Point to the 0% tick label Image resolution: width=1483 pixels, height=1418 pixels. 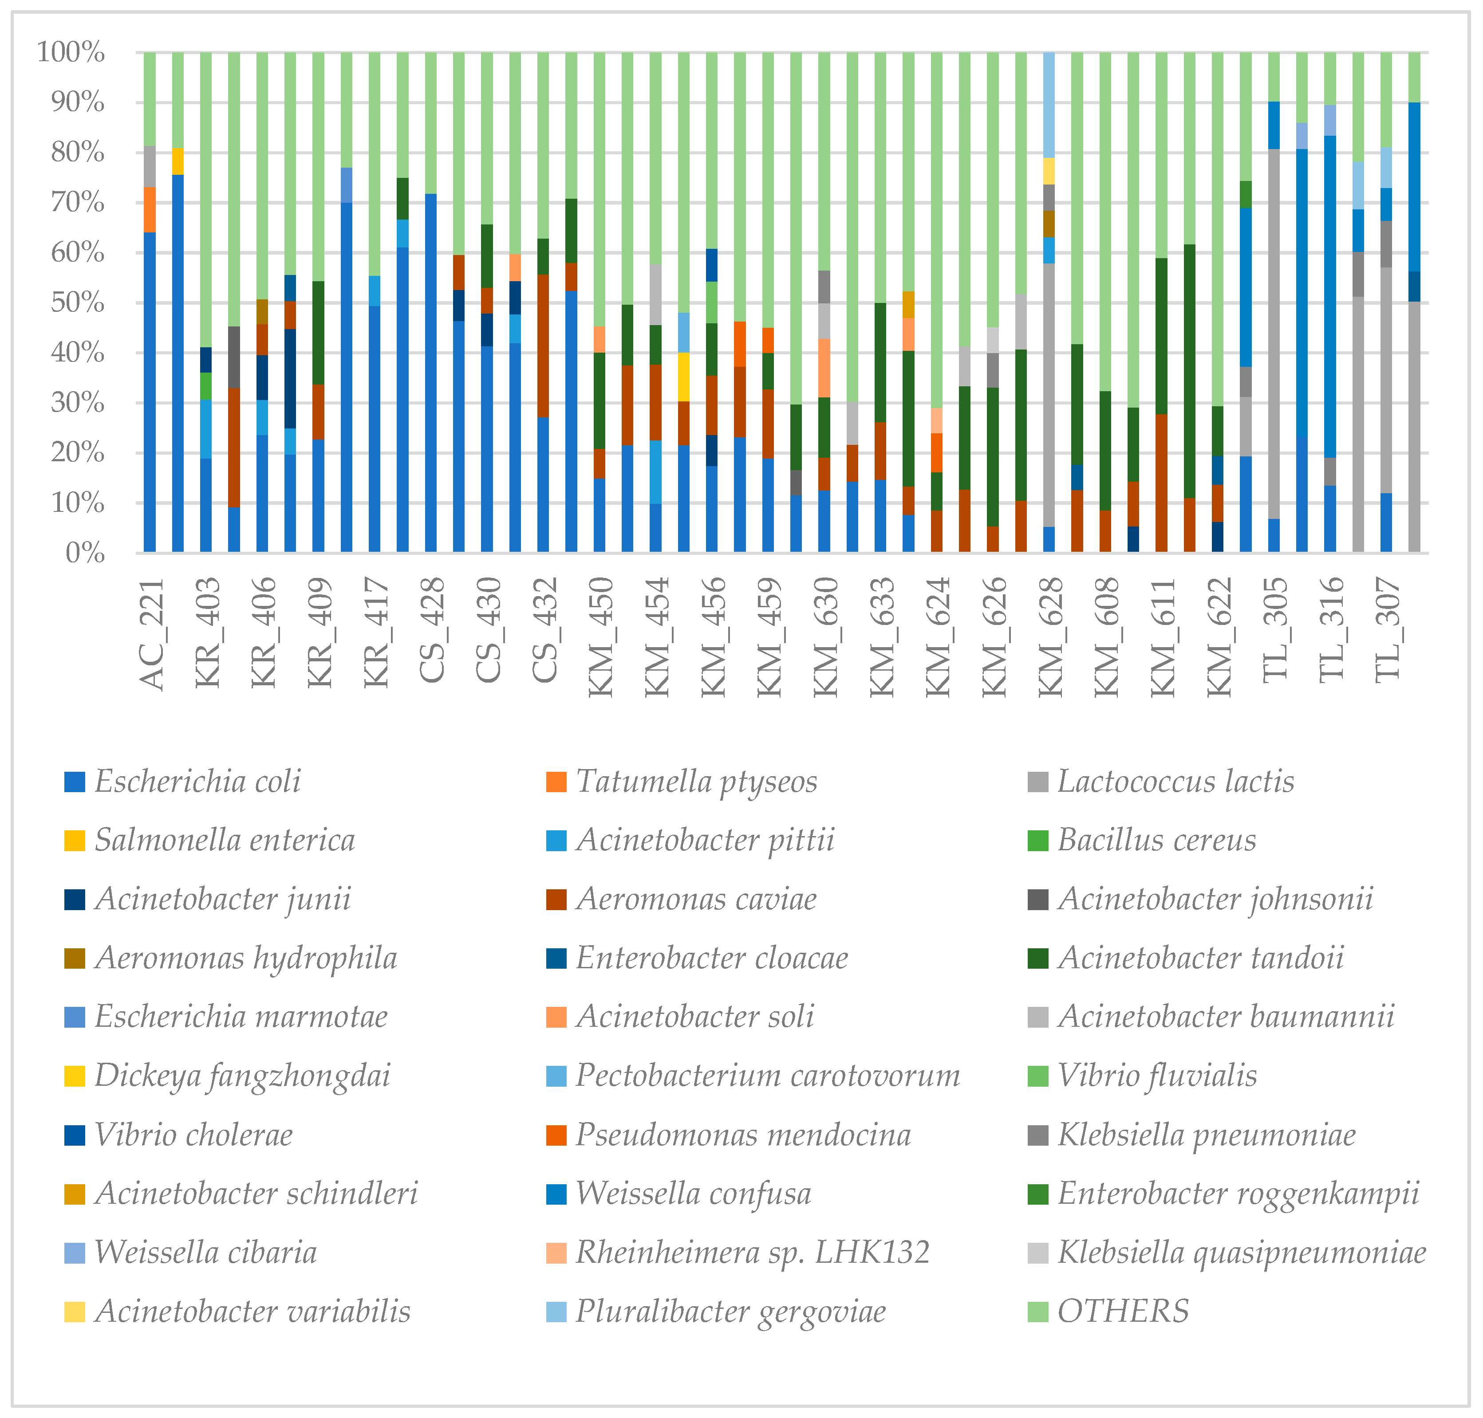pos(85,553)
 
